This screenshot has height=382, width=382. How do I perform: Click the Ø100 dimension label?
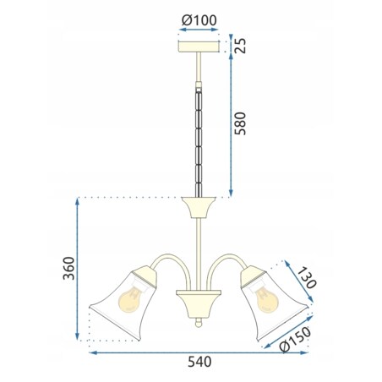tap(199, 20)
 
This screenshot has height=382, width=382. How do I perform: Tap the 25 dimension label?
tap(240, 46)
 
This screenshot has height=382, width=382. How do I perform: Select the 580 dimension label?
tap(240, 123)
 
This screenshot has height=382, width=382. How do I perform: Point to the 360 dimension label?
tap(68, 268)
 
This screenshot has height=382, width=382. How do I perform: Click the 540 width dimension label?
tap(199, 362)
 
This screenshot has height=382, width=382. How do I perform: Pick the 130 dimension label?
tap(307, 278)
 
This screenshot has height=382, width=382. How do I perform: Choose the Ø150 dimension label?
tap(296, 339)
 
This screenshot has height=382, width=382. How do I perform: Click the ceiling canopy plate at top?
tap(199, 46)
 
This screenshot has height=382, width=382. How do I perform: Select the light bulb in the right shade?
tap(266, 298)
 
